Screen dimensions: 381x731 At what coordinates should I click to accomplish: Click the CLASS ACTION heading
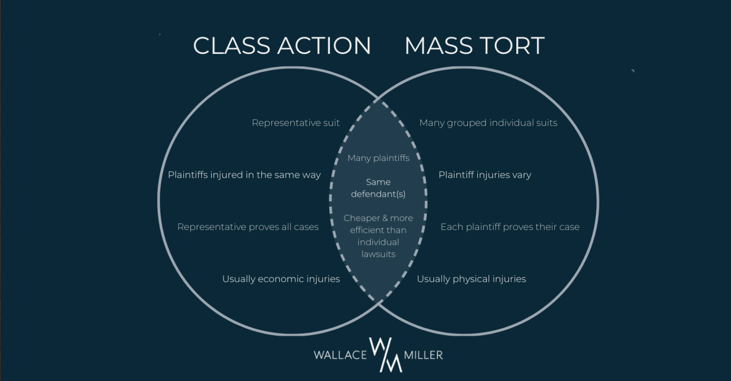pyautogui.click(x=282, y=46)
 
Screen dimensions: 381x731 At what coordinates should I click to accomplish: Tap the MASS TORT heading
pyautogui.click(x=474, y=46)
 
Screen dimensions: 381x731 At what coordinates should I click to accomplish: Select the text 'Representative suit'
pyautogui.click(x=296, y=123)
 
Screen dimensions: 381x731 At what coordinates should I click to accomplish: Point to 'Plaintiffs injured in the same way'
pyautogui.click(x=244, y=175)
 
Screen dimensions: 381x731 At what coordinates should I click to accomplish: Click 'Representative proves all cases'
pyautogui.click(x=248, y=227)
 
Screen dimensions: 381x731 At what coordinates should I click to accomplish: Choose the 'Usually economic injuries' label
pyautogui.click(x=281, y=279)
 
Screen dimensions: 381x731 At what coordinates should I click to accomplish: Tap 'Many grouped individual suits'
pyautogui.click(x=488, y=123)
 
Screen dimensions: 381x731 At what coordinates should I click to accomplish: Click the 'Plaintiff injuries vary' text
pyautogui.click(x=484, y=175)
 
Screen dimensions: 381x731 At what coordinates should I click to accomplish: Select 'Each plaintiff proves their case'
pyautogui.click(x=510, y=227)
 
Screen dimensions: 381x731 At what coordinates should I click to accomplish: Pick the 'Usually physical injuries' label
pyautogui.click(x=471, y=279)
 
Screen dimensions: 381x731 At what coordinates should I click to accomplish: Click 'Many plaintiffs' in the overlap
pyautogui.click(x=378, y=158)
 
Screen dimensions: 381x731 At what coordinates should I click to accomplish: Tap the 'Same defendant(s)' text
pyautogui.click(x=378, y=188)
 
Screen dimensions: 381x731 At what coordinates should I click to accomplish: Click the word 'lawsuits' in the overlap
pyautogui.click(x=378, y=254)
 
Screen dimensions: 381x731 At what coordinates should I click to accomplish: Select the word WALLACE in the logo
pyautogui.click(x=340, y=355)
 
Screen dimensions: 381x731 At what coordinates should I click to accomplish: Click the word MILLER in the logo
pyautogui.click(x=423, y=355)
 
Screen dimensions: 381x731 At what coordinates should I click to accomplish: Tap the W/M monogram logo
pyautogui.click(x=385, y=354)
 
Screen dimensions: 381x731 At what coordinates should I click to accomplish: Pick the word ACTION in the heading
pyautogui.click(x=324, y=46)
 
